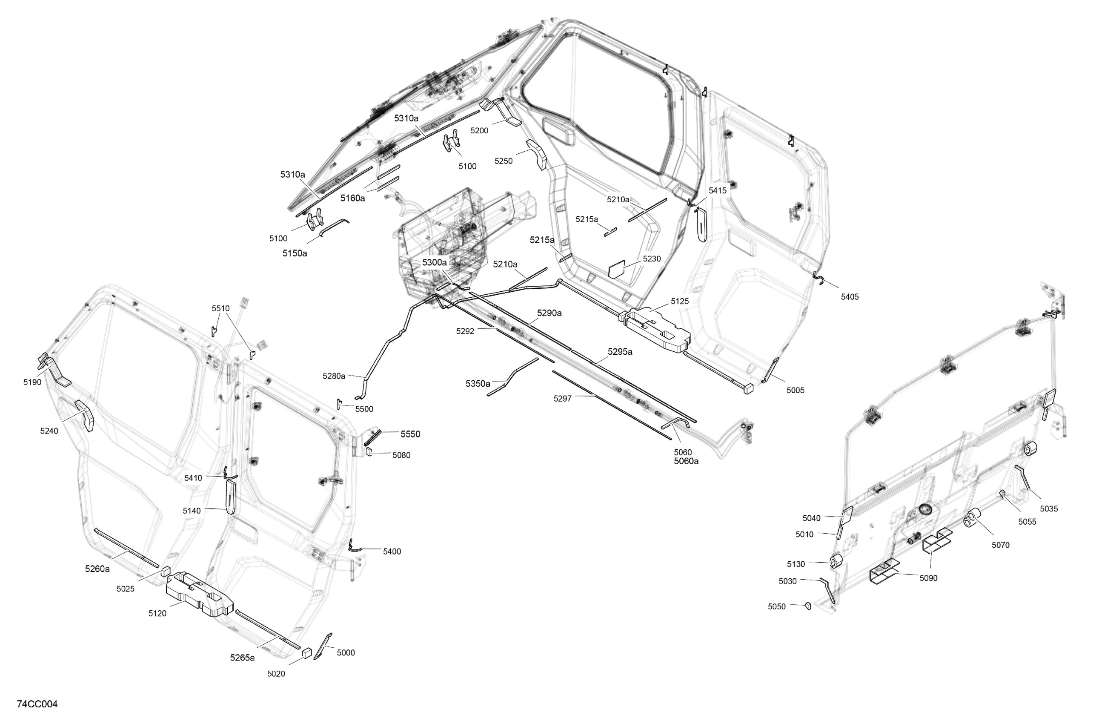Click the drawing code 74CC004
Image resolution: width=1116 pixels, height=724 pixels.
click(37, 704)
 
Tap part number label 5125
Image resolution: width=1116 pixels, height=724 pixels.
click(679, 301)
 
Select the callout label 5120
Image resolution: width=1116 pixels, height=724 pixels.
click(157, 613)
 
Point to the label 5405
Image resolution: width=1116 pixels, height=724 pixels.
click(850, 296)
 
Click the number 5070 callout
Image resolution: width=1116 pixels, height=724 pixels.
click(1000, 545)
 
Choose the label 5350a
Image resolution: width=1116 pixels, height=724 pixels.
click(478, 384)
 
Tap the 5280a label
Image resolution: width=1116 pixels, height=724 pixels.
click(334, 376)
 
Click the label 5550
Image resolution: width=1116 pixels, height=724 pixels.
click(410, 434)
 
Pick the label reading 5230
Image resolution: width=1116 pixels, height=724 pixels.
click(652, 259)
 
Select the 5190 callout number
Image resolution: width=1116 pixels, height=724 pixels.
click(32, 382)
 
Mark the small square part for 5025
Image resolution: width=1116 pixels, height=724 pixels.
click(165, 571)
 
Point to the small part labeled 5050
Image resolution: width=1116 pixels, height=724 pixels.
click(807, 606)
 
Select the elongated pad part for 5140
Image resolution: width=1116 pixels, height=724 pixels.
click(232, 497)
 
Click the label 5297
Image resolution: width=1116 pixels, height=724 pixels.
click(562, 398)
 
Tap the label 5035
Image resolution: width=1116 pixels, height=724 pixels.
click(1049, 509)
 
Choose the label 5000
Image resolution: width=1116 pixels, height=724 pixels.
click(346, 653)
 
